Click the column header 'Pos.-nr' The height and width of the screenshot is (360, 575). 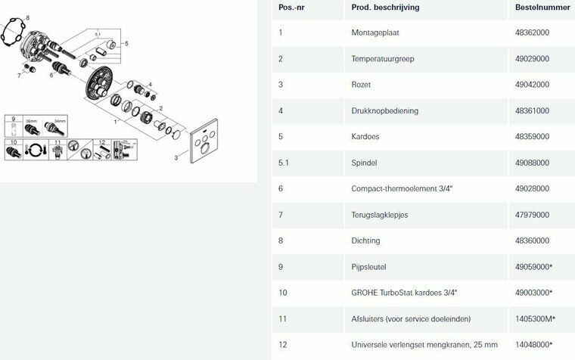(291, 8)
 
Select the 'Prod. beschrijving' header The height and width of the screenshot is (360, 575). (385, 8)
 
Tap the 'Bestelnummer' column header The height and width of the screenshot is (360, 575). (542, 8)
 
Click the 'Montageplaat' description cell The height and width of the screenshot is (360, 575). (375, 33)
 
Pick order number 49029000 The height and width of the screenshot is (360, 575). (532, 59)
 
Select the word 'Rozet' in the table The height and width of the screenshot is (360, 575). (361, 85)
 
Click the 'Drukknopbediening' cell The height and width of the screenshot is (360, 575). (384, 110)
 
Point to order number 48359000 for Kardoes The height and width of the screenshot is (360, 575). (532, 137)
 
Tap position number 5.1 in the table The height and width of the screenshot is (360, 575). (284, 163)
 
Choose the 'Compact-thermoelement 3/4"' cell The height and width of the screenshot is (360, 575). (402, 189)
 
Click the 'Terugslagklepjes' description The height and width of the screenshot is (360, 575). (380, 215)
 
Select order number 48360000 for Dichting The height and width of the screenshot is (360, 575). (532, 241)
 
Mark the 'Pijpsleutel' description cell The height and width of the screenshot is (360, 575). (368, 267)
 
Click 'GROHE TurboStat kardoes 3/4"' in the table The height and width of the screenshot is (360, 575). (404, 293)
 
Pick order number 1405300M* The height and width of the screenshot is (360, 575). (535, 319)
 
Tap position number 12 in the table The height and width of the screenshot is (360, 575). (282, 345)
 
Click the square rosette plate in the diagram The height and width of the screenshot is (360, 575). (204, 141)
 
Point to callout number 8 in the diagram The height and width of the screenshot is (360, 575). (28, 18)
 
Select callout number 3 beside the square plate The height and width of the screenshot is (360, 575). (176, 158)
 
